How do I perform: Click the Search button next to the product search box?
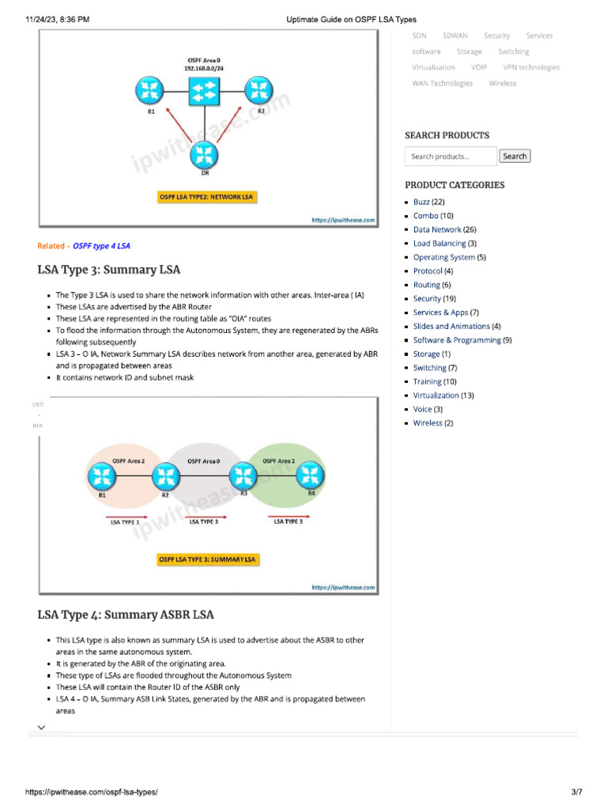[515, 157]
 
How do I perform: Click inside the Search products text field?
[451, 157]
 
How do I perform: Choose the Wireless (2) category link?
[433, 423]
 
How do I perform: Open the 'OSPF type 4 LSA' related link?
[102, 246]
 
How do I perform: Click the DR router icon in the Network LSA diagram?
[205, 153]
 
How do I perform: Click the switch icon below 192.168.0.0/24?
[203, 90]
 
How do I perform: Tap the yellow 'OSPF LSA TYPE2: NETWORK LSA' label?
[207, 196]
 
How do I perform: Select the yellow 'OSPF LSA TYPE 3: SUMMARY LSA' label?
[208, 559]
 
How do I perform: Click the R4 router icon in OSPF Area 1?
[307, 476]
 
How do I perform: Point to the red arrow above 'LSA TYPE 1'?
[126, 516]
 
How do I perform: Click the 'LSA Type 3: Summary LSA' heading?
[109, 270]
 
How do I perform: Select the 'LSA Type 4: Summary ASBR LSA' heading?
[126, 615]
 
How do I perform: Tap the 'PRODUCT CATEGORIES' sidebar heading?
[454, 185]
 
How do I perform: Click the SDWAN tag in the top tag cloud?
[454, 36]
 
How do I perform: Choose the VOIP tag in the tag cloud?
[479, 67]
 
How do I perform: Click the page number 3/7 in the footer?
[576, 792]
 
